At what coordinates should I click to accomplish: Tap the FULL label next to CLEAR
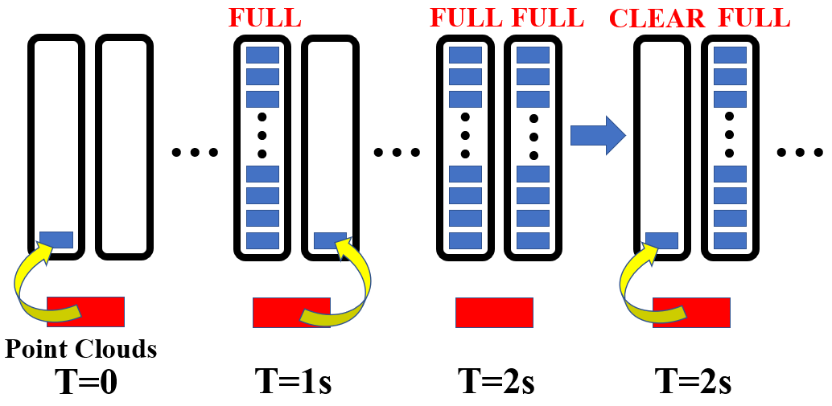[x=754, y=18]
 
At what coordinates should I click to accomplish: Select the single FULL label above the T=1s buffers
[x=265, y=17]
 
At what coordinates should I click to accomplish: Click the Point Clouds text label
[x=81, y=349]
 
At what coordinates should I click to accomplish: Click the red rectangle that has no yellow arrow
[x=494, y=312]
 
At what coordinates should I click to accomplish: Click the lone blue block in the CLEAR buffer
[x=661, y=240]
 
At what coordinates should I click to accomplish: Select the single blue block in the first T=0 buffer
[x=56, y=240]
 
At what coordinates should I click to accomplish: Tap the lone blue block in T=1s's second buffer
[x=330, y=240]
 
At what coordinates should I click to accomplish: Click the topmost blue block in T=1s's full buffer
[x=262, y=55]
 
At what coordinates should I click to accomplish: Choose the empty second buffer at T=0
[x=124, y=146]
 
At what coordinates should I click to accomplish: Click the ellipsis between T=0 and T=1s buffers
[x=196, y=152]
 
